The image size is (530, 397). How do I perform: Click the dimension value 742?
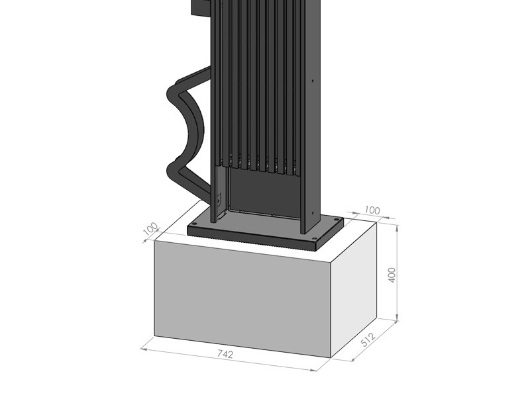tap(225, 354)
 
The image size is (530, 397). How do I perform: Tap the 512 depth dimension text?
tap(368, 339)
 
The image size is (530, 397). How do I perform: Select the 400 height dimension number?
tap(392, 275)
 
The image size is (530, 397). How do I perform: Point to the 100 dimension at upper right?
tap(372, 210)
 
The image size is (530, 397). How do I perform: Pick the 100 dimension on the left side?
tap(151, 228)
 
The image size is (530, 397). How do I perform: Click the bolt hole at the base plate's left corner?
tap(194, 224)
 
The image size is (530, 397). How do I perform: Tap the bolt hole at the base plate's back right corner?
tap(336, 220)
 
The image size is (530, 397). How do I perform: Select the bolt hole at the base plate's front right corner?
tap(316, 240)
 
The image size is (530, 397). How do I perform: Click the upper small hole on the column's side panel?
tap(313, 81)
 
